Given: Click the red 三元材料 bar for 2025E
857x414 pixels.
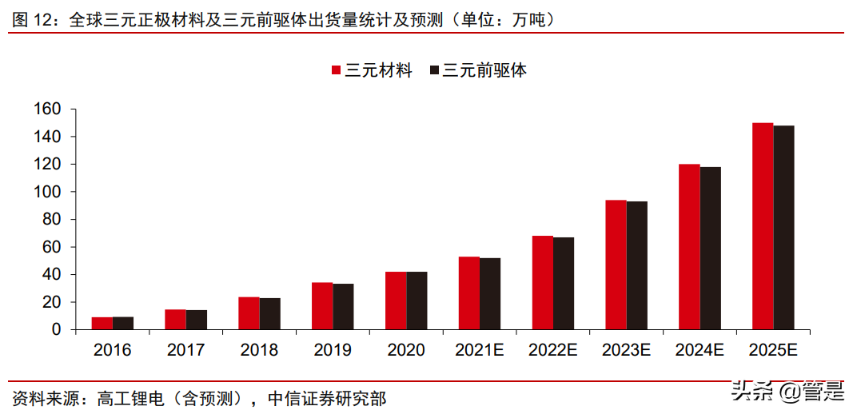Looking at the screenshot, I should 763,226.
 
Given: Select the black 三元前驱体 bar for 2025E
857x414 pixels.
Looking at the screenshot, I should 783,228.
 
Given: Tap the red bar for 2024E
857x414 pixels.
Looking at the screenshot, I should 689,247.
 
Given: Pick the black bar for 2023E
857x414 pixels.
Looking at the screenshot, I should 637,265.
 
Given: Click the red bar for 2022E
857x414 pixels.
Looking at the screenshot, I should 543,283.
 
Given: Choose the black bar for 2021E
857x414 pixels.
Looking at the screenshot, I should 490,293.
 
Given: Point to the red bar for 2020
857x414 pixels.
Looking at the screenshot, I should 396,301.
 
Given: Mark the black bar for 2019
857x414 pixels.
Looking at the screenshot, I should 343,307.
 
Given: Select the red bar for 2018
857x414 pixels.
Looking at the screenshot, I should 249,313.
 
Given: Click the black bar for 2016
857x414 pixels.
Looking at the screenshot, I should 123,323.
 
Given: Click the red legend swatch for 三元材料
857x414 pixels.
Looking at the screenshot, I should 337,70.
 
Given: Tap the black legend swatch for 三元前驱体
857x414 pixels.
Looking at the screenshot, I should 435,70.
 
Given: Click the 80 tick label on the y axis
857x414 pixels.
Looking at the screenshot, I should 54,220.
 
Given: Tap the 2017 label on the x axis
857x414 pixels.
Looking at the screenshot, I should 185,350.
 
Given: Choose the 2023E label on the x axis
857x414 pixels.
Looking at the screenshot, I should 627,350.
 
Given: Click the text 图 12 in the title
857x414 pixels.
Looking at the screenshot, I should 31,19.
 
